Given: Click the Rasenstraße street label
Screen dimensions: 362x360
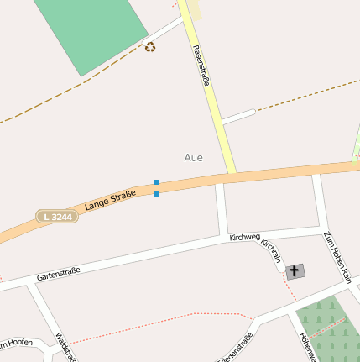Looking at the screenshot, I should (x=201, y=66).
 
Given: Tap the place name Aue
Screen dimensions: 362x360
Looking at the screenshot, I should (x=193, y=157).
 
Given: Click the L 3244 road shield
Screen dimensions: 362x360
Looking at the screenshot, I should (x=58, y=217).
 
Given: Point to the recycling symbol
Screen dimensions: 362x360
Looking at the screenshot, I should (x=150, y=47).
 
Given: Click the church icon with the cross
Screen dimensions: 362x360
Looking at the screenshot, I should (x=295, y=271).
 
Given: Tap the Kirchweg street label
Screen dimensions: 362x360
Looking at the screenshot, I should (x=245, y=239).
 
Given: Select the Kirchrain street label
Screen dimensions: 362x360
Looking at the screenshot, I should (x=270, y=249).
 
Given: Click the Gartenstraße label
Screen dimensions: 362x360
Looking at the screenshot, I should (x=58, y=273).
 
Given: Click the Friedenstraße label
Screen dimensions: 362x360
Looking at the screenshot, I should (x=237, y=349).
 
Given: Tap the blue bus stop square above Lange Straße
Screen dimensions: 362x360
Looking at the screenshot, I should (x=156, y=182).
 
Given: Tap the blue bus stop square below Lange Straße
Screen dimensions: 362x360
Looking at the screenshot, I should (x=157, y=194).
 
